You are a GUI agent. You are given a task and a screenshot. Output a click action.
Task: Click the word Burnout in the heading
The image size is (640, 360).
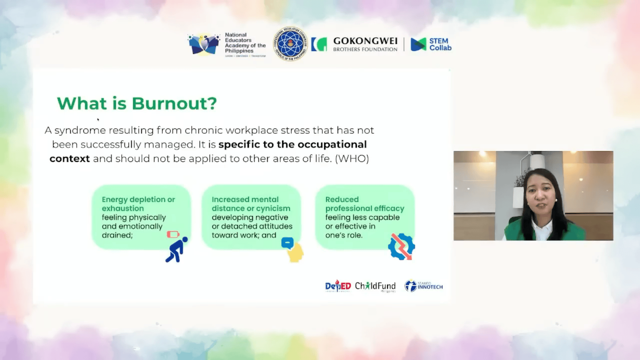pos(174,104)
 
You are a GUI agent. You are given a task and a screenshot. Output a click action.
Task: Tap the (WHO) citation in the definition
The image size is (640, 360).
pos(352,159)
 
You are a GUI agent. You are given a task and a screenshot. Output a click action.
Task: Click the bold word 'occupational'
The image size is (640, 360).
pos(332,144)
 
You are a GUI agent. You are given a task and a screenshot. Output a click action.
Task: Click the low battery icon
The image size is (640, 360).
pos(173,235)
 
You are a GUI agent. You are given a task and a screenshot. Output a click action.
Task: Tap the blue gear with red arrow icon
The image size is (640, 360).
pos(402,247)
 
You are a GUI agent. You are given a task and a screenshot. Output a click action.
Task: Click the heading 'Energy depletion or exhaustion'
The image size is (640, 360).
pos(138,204)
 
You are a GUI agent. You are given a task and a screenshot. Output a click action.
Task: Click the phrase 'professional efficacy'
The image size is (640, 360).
pos(365,209)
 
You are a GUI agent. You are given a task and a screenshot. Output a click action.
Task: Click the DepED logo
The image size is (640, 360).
pos(338,286)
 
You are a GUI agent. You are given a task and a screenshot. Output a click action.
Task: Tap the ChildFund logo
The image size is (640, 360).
pos(375,286)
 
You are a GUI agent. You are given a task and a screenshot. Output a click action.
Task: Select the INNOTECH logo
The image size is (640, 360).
pos(424,286)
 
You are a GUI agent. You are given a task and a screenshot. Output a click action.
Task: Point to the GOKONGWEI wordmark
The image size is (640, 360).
pos(365,41)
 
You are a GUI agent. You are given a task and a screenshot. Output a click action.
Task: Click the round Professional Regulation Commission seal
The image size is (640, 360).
pos(290,44)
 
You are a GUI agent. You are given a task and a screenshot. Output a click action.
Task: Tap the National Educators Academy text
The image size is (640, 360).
pos(245,43)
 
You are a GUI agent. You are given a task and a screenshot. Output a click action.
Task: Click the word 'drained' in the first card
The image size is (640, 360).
pos(117,235)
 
